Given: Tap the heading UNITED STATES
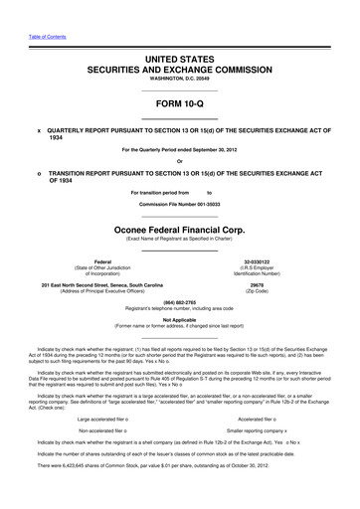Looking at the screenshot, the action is [x=180, y=61].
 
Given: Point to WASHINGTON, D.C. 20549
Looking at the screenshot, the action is [x=180, y=82].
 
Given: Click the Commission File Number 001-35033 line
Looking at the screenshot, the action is [x=179, y=203].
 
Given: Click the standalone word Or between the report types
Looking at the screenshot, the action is [x=179, y=163].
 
